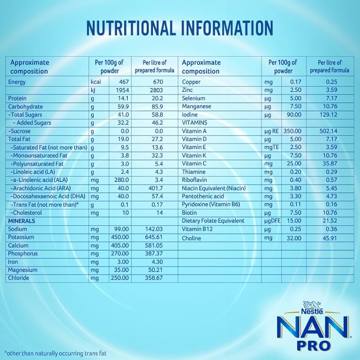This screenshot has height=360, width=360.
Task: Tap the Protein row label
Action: pos(18,98)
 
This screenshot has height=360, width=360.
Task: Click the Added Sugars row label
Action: pos(33,123)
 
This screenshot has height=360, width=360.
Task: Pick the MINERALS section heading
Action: pos(22,221)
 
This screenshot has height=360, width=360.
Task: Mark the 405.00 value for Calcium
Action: pos(120,245)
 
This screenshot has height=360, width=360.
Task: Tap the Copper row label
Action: pos(191,82)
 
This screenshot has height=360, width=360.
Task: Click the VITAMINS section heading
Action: pos(194,123)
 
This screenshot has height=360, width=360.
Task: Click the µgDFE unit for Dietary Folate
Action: pos(271,221)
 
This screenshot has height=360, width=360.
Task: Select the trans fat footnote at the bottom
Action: pos(55,353)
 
